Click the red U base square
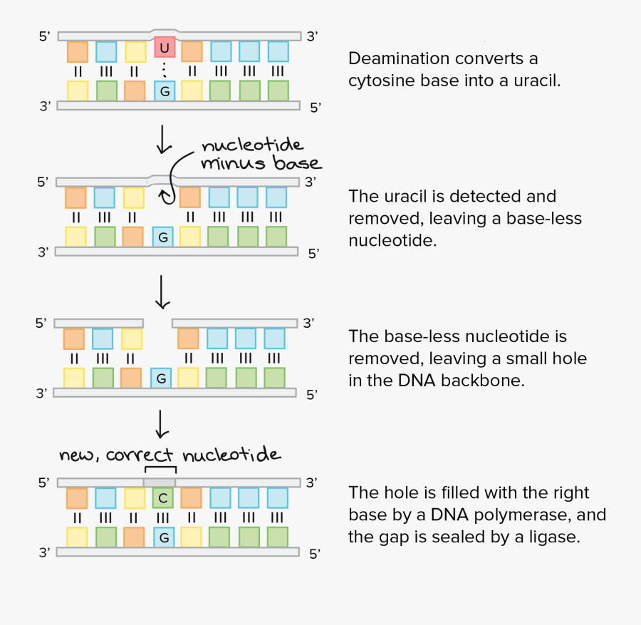pyautogui.click(x=165, y=48)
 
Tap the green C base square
pyautogui.click(x=163, y=497)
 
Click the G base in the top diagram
pyautogui.click(x=165, y=91)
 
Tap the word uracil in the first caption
pyautogui.click(x=540, y=81)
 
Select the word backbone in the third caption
pyautogui.click(x=482, y=381)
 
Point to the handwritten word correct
pyautogui.click(x=140, y=455)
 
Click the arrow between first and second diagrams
pyautogui.click(x=164, y=140)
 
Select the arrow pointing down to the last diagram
pyautogui.click(x=162, y=423)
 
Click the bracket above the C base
pyautogui.click(x=160, y=468)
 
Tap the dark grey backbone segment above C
pyautogui.click(x=160, y=482)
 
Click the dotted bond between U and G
pyautogui.click(x=165, y=70)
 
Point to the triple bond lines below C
pyautogui.click(x=163, y=517)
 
